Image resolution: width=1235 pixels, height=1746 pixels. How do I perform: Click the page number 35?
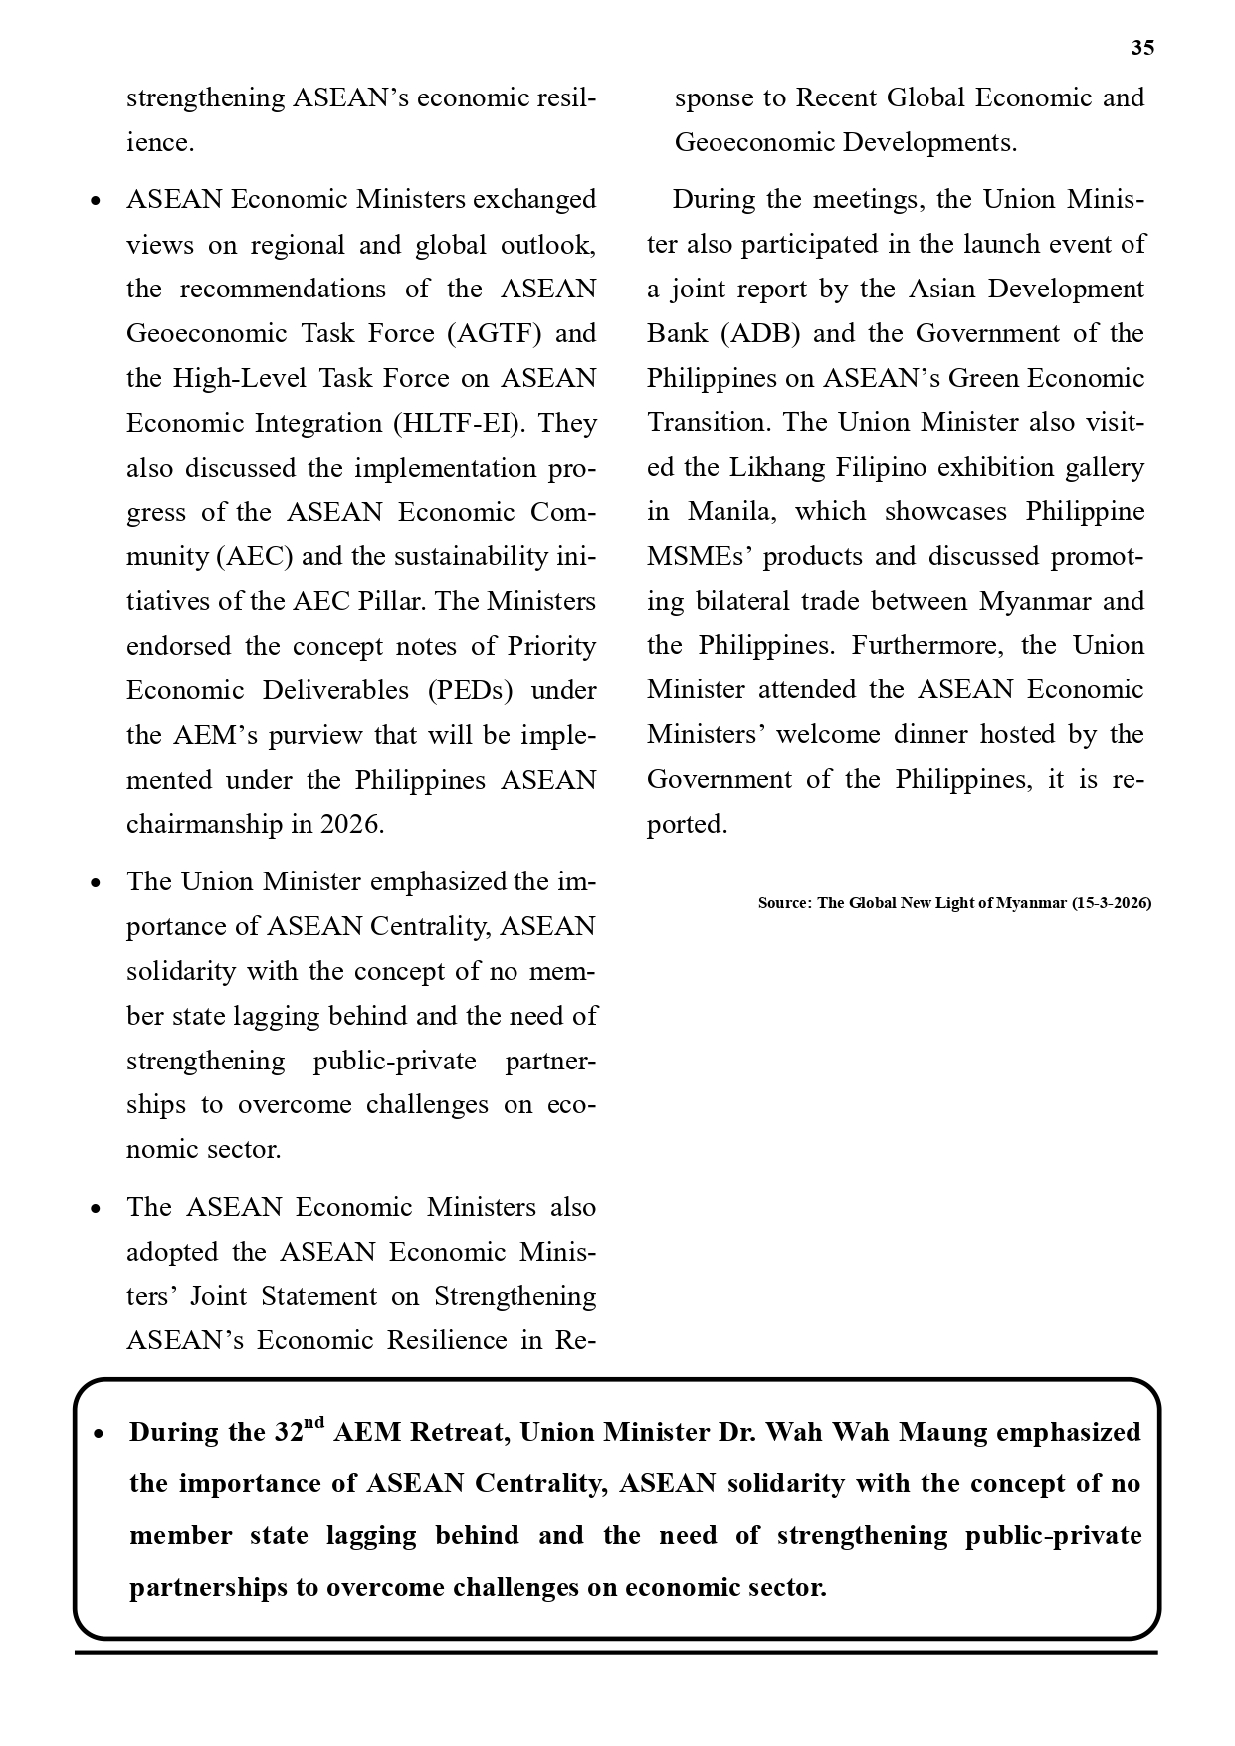point(1142,48)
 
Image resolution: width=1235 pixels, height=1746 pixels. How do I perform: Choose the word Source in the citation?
point(783,903)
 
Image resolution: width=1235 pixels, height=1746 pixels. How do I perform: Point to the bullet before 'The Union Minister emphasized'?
point(96,883)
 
